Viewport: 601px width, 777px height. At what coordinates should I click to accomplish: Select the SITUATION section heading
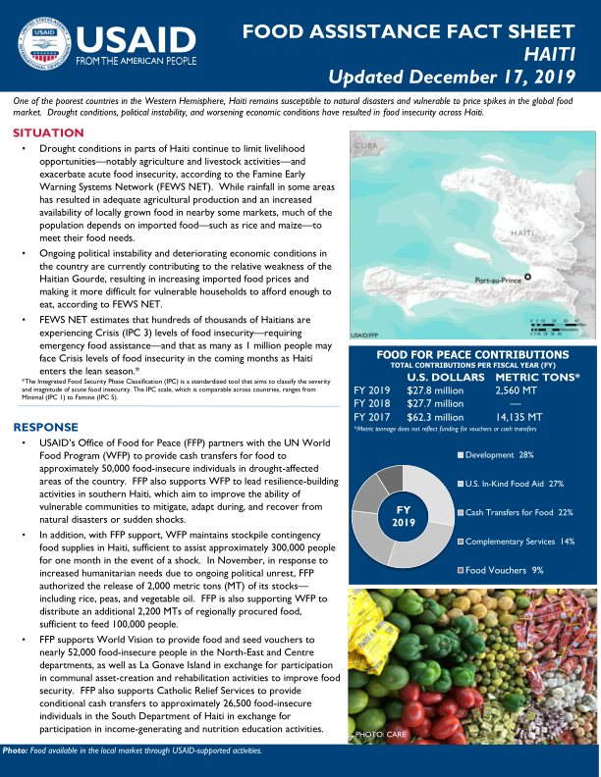click(x=48, y=132)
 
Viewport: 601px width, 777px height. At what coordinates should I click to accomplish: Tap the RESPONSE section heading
click(x=45, y=427)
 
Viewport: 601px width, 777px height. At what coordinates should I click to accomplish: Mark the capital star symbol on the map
click(x=528, y=278)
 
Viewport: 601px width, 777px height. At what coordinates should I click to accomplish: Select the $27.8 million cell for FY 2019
click(x=435, y=389)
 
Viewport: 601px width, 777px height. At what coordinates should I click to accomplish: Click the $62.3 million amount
click(x=435, y=416)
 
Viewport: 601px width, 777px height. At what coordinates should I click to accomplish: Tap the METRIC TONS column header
click(x=538, y=377)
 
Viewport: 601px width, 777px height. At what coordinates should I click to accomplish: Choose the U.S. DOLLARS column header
click(x=445, y=377)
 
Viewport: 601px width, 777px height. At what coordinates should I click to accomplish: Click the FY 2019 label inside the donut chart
click(x=403, y=517)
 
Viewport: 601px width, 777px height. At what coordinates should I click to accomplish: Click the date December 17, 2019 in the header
click(x=498, y=76)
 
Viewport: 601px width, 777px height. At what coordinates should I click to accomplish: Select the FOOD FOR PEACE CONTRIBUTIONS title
click(x=472, y=354)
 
